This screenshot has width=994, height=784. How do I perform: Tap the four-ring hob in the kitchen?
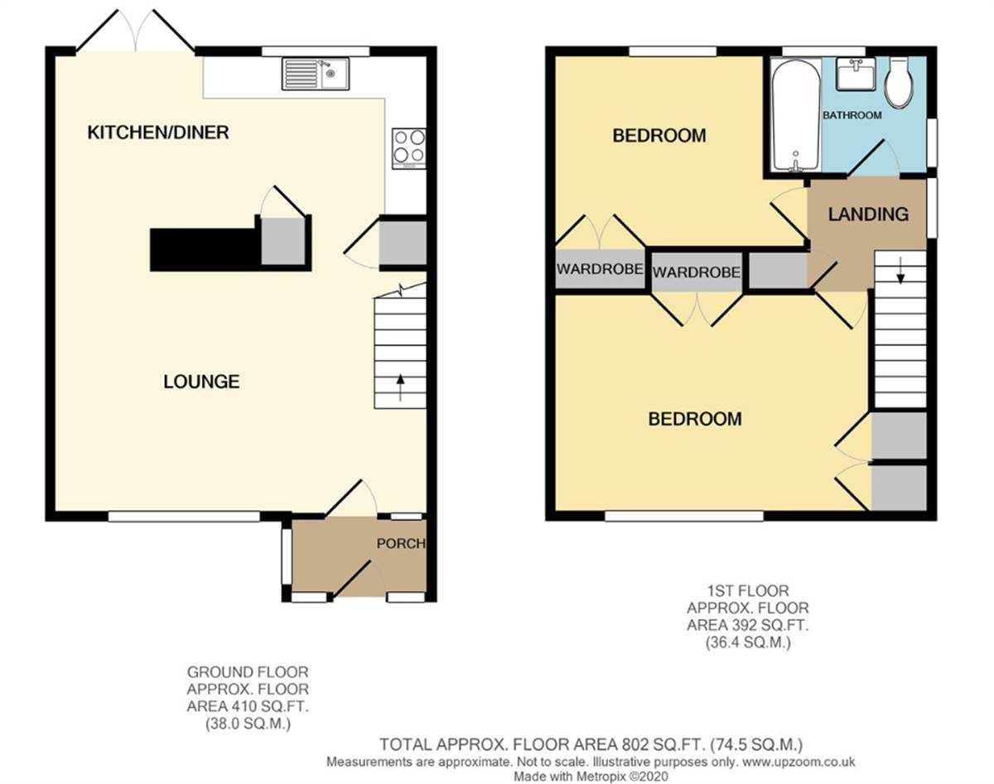point(408,147)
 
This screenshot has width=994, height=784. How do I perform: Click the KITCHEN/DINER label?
point(158,132)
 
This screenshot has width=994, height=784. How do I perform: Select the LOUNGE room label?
point(201,382)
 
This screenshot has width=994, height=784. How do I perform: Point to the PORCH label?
point(401,544)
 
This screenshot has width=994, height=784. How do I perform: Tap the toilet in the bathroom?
point(898,81)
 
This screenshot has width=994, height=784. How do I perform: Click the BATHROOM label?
point(852,115)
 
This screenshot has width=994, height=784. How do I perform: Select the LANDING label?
point(868,214)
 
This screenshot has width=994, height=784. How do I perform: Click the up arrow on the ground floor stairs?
point(401,382)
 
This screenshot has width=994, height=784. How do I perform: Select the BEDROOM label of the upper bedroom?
point(659,135)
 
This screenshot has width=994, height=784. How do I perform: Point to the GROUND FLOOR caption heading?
point(248,672)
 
